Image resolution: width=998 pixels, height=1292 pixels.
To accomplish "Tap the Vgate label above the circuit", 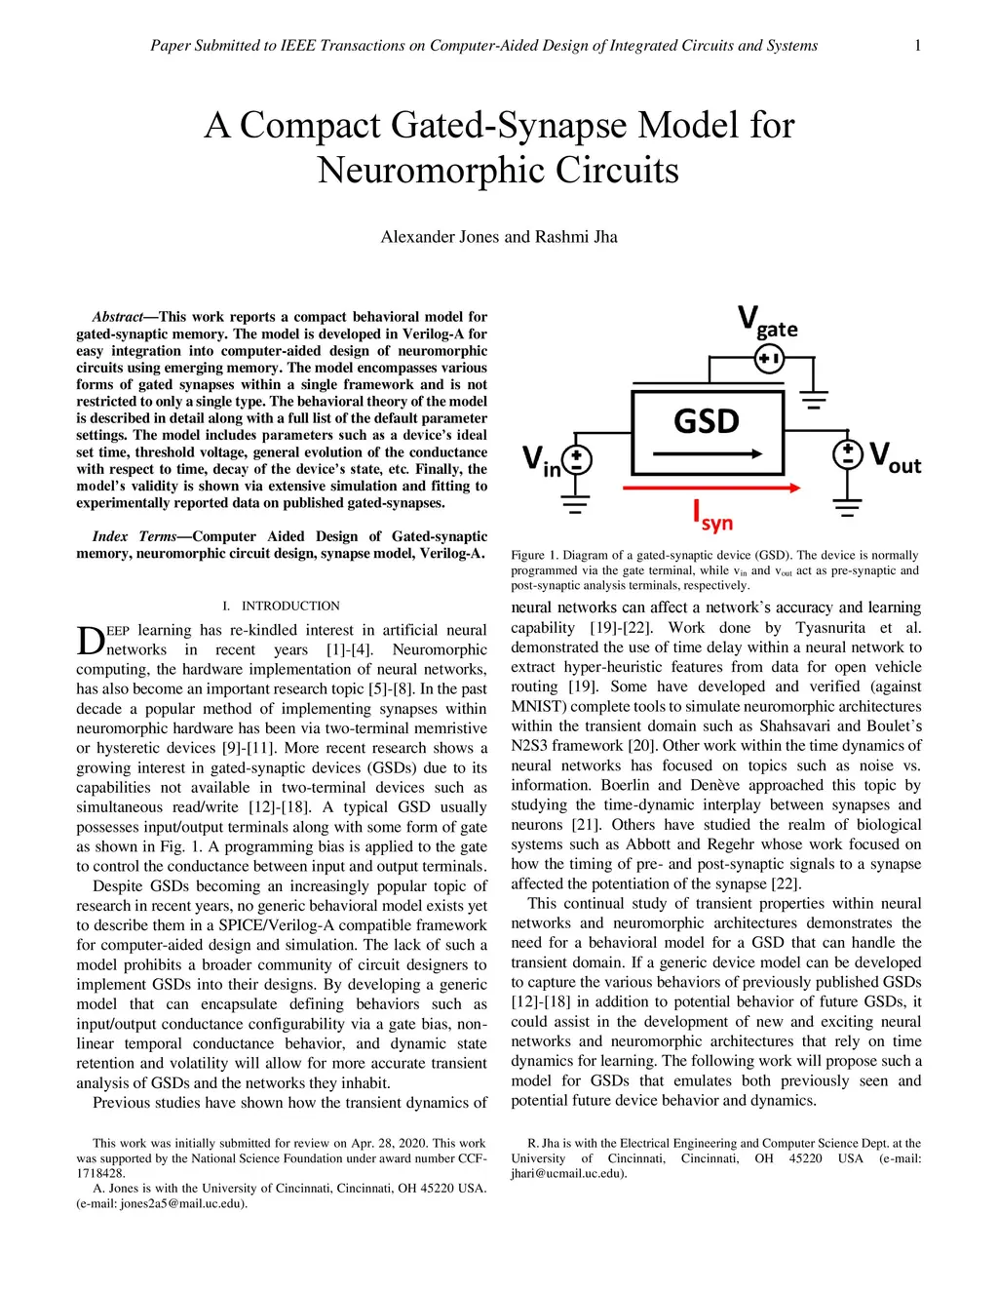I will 767,322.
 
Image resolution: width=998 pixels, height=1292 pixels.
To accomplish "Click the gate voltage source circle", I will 769,361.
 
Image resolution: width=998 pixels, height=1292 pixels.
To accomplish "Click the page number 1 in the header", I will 918,45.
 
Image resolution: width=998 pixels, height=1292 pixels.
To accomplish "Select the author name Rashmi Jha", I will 576,237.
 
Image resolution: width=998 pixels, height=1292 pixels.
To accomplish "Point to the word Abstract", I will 117,317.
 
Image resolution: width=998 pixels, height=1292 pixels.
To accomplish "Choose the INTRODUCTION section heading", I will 290,606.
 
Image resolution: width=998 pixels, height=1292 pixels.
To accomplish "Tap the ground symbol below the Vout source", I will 848,504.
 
